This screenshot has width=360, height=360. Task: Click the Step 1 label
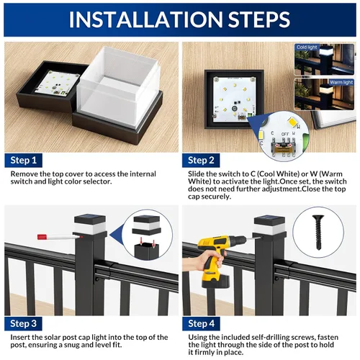pyautogui.click(x=23, y=161)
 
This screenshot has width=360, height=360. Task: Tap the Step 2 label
pyautogui.click(x=201, y=161)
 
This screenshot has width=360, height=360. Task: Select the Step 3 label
pyautogui.click(x=23, y=323)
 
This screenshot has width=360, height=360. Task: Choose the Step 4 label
pyautogui.click(x=201, y=323)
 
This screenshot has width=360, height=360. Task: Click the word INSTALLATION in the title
pyautogui.click(x=145, y=19)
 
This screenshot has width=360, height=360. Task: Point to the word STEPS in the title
pyautogui.click(x=259, y=19)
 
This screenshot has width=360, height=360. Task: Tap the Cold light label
pyautogui.click(x=307, y=48)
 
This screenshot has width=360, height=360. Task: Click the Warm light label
pyautogui.click(x=341, y=83)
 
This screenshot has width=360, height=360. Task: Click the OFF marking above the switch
pyautogui.click(x=285, y=134)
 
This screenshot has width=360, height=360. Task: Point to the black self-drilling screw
pyautogui.click(x=318, y=232)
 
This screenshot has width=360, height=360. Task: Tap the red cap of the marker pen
pyautogui.click(x=42, y=237)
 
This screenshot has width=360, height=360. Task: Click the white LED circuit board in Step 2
pyautogui.click(x=234, y=99)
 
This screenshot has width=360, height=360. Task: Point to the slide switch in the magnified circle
pyautogui.click(x=284, y=147)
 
